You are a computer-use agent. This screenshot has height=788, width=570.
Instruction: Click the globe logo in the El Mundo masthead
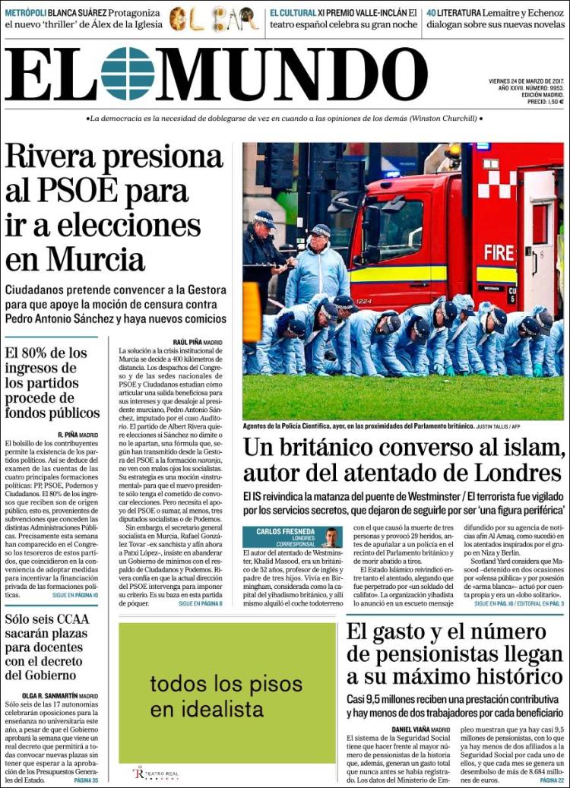tap(128, 74)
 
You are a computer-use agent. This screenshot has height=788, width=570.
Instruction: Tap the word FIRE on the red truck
tap(499, 252)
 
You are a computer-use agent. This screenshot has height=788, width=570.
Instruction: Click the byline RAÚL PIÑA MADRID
tap(198, 343)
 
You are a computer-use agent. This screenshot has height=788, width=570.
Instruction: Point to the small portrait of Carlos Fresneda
tap(331, 537)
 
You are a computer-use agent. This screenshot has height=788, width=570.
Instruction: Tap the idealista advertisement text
tap(206, 695)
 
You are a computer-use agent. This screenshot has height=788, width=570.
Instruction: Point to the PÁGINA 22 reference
tap(551, 780)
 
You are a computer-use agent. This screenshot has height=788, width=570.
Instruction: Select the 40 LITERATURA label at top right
tap(454, 13)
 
